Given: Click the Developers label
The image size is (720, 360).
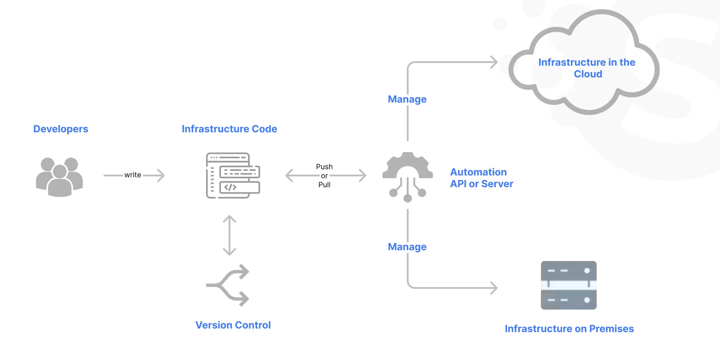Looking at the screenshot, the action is tap(61, 129).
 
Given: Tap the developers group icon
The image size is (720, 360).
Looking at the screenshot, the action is tap(59, 177).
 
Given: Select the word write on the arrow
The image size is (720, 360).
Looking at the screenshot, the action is tap(133, 175).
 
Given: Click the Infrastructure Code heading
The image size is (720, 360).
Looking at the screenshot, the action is tap(229, 129).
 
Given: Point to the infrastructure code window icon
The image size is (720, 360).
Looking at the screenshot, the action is tap(233, 175).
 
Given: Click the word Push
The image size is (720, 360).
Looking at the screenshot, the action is tap(324, 167).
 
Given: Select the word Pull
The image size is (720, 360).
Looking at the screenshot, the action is tap(324, 184).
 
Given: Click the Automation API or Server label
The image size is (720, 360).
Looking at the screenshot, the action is tap(481, 178).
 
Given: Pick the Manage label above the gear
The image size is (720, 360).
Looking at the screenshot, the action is tap(407, 99).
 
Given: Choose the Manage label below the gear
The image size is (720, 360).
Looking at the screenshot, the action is tap(407, 247).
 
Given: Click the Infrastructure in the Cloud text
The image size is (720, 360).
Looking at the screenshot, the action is tap(587, 68).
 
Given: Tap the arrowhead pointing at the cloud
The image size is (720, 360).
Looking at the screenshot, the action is tap(494, 62).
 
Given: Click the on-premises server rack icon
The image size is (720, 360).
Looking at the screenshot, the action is tap(569, 285).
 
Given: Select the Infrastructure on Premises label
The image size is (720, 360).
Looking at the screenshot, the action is tap(569, 328).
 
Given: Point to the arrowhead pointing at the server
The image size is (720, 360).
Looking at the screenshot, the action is tap(494, 288).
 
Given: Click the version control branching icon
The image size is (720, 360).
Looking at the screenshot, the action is tap(228, 285).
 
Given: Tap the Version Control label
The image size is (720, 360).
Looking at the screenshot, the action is tap(233, 325).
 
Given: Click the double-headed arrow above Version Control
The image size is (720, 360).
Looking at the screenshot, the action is tap(229, 235).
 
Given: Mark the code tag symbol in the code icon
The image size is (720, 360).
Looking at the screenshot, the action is tap(230, 187).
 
